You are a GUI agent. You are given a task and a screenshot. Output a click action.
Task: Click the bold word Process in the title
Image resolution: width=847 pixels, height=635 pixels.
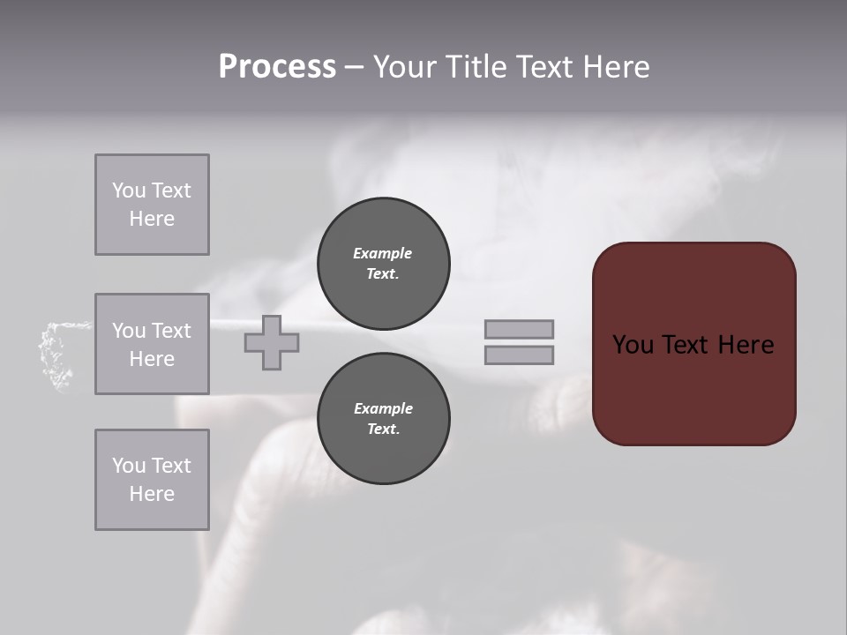(x=277, y=67)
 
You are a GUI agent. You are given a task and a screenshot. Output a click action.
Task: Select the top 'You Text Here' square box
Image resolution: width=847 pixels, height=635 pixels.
(x=152, y=205)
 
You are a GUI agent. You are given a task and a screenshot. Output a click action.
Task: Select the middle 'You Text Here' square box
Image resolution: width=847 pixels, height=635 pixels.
(x=152, y=344)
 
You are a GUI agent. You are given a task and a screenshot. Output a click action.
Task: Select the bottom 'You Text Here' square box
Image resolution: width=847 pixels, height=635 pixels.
(x=152, y=480)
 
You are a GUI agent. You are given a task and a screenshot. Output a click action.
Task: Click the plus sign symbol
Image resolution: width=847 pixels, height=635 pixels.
(x=272, y=342)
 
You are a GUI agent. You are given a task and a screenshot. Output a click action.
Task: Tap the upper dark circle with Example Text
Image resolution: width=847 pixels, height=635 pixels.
(x=383, y=264)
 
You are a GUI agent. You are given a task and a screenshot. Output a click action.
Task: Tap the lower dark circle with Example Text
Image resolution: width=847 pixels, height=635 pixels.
(x=383, y=419)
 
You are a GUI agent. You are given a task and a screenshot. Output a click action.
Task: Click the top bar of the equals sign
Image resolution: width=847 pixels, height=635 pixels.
(x=520, y=329)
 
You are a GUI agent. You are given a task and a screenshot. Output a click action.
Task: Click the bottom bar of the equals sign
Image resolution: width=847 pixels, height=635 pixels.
(x=520, y=355)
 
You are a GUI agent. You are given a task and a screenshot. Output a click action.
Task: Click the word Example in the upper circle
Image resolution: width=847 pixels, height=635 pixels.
(x=383, y=253)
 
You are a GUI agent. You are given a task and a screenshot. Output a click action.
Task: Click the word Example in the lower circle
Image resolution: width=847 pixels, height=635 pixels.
(x=383, y=408)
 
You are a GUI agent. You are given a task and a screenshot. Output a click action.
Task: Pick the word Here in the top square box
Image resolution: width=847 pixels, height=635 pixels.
(x=152, y=219)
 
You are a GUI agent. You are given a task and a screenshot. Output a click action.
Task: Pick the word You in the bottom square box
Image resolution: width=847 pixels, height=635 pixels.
(x=129, y=466)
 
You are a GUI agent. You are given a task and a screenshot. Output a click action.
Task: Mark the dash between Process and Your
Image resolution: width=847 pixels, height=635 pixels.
(x=354, y=67)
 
